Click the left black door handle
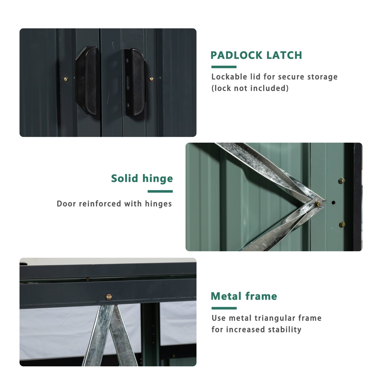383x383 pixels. point(87,81)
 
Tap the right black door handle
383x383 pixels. point(135,82)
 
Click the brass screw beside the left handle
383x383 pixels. point(66,79)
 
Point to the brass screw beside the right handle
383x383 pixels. point(151,79)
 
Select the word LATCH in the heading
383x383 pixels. point(284,55)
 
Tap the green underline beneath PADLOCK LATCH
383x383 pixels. point(224,67)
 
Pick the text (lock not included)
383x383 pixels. point(250,88)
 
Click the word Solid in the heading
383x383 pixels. point(125,178)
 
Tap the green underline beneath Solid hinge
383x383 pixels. point(160,191)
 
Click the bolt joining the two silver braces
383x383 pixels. point(317,204)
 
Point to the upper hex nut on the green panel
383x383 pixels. point(341,181)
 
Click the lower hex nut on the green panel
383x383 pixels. point(342,224)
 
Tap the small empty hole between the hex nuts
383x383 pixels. point(333,203)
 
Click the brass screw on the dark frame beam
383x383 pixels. point(109,297)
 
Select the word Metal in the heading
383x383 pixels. point(226,296)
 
